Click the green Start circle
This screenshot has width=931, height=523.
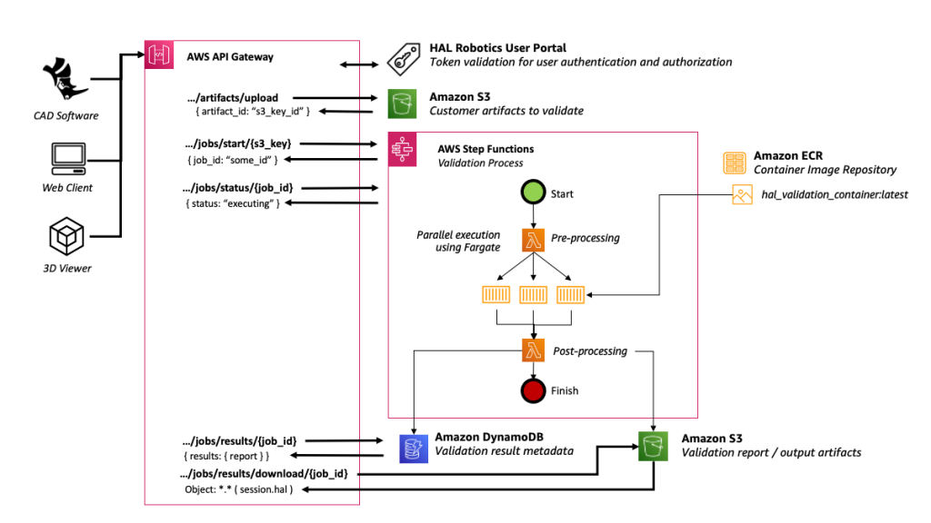tap(533, 193)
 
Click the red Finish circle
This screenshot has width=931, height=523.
tap(533, 390)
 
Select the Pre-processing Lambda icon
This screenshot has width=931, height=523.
tap(533, 239)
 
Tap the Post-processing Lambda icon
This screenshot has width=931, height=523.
tap(533, 350)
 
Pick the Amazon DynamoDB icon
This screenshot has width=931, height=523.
tap(414, 445)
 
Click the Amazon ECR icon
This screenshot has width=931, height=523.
tap(734, 163)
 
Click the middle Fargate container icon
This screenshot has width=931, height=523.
tap(533, 294)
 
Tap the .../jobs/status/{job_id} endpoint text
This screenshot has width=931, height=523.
tap(238, 187)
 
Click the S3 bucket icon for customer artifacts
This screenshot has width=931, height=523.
tap(401, 104)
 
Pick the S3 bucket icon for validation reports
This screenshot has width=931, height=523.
tap(650, 445)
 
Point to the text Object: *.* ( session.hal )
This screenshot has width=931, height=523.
tap(239, 490)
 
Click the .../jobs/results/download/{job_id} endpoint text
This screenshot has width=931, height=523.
tap(265, 474)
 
